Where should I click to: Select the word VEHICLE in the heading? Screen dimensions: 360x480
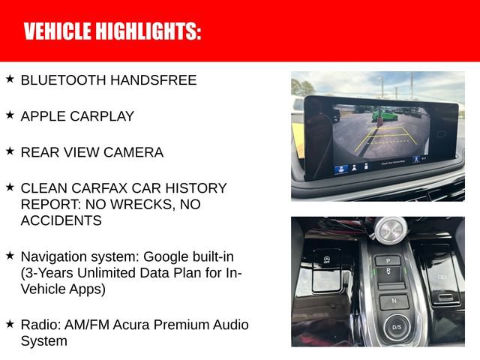pos(56,31)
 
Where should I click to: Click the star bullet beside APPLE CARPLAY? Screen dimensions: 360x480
pos(10,115)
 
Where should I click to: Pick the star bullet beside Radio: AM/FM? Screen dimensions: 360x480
pos(10,324)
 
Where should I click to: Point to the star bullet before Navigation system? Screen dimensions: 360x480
pos(10,255)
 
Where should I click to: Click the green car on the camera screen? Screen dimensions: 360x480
pos(384,115)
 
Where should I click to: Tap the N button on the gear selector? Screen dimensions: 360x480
pos(392,301)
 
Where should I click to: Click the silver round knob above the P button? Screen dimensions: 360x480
pos(391,228)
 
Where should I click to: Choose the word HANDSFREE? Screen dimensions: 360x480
pos(159,80)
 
